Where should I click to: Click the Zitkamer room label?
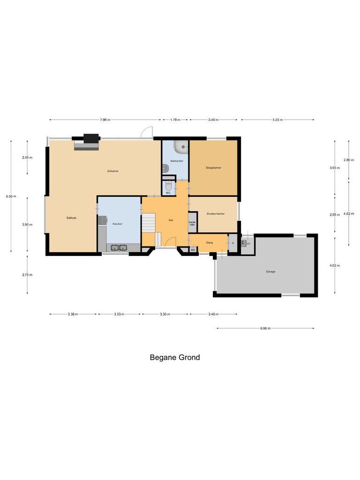(112, 171)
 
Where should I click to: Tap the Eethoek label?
(71, 217)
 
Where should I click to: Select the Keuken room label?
(117, 224)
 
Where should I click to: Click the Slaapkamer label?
(213, 167)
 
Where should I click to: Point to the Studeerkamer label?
(215, 214)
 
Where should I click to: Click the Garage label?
(270, 271)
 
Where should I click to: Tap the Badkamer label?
(176, 161)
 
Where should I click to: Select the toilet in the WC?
(168, 186)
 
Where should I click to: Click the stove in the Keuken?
(102, 218)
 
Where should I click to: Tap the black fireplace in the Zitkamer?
(91, 138)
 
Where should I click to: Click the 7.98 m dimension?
(105, 120)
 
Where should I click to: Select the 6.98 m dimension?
(265, 328)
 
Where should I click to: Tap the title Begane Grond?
(175, 357)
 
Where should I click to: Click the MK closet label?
(193, 250)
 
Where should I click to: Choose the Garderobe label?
(192, 223)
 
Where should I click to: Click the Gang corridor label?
(209, 242)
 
